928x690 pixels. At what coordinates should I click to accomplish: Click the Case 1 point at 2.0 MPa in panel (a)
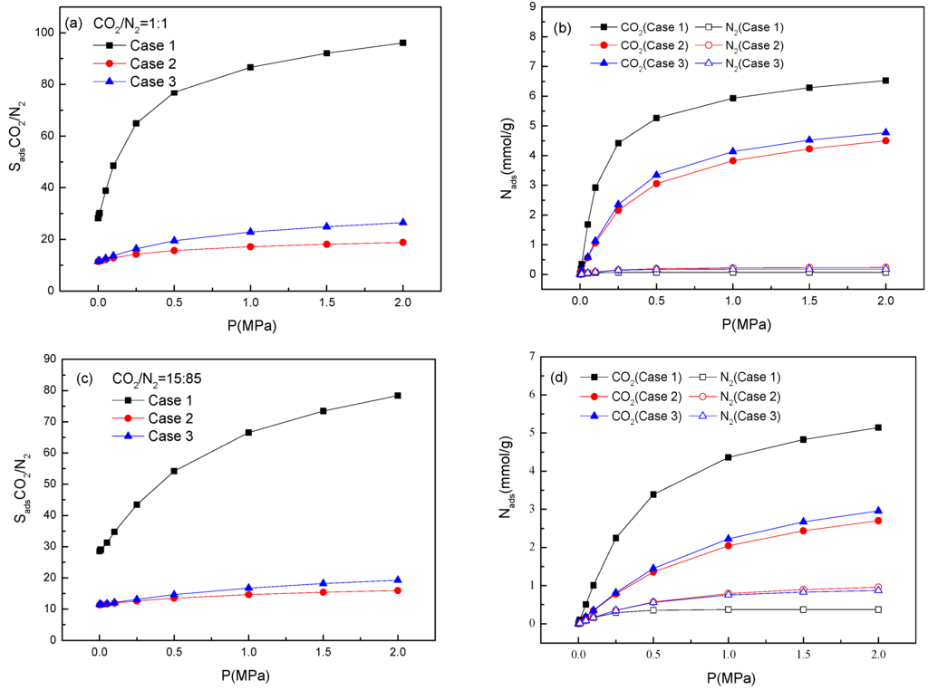click(x=402, y=43)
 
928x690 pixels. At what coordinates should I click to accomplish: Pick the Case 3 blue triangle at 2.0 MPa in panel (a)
click(x=402, y=222)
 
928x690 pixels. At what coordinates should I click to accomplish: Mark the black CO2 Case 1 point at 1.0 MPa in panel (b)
click(x=733, y=98)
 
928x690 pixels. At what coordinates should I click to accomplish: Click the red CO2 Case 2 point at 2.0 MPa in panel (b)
click(x=886, y=140)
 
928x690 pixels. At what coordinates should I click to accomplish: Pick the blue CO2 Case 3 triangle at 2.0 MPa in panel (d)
click(x=877, y=511)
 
